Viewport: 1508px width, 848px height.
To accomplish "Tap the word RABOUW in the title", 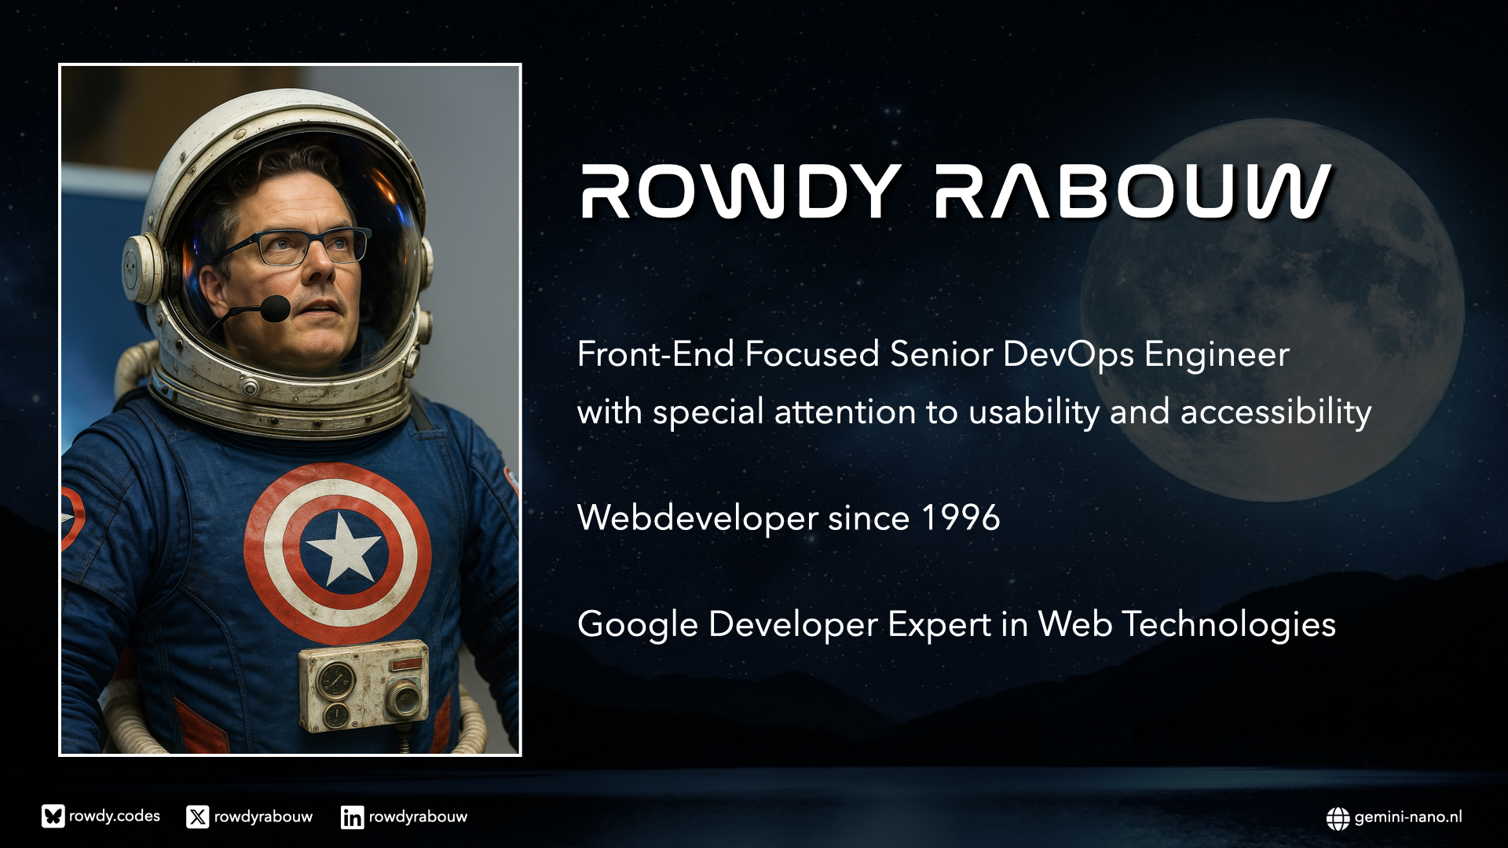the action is (1133, 192).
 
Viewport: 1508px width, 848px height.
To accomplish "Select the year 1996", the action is (961, 518).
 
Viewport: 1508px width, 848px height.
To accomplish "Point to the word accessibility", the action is (1276, 412).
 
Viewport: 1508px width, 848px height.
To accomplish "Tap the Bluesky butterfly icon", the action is (53, 817).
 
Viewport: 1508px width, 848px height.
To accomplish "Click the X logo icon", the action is (198, 817).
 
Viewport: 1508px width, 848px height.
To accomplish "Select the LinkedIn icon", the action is (352, 817).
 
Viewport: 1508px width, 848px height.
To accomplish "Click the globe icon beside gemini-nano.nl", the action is (1338, 818).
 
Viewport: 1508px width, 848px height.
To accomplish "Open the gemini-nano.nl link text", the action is (1408, 817).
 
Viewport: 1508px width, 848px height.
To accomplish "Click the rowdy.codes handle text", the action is (115, 817).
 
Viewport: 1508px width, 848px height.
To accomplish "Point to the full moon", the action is (1272, 310).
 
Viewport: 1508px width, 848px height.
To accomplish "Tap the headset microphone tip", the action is (275, 308).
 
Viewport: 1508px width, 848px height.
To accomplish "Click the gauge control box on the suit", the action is (364, 685).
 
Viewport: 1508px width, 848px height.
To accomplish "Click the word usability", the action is (1034, 412).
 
